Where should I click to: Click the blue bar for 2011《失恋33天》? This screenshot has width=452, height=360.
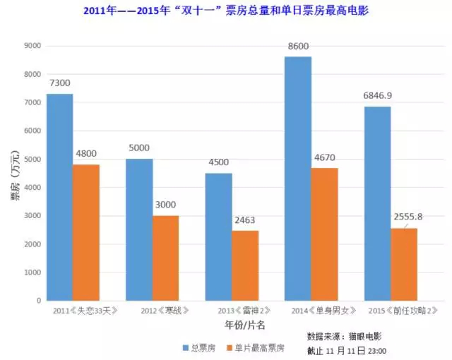(60, 197)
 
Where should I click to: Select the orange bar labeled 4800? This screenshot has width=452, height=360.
(86, 232)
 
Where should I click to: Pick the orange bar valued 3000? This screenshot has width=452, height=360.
(165, 258)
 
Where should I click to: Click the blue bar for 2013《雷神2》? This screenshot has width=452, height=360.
(218, 236)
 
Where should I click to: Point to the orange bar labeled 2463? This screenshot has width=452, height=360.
(245, 265)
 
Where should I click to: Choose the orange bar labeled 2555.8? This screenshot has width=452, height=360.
(403, 264)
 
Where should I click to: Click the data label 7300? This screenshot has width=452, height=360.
(60, 83)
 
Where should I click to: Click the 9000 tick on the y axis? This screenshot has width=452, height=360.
(32, 46)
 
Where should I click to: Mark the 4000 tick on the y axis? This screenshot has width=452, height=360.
(32, 188)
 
